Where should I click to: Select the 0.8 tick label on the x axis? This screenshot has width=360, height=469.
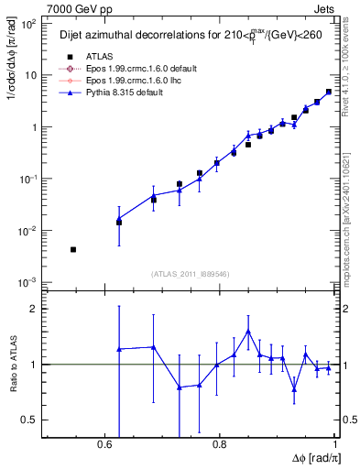tap(219, 444)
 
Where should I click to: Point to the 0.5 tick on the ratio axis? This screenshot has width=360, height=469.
tap(32, 420)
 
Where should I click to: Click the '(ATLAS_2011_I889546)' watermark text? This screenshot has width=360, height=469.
tap(190, 273)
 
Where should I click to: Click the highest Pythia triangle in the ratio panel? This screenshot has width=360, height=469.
tap(248, 332)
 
